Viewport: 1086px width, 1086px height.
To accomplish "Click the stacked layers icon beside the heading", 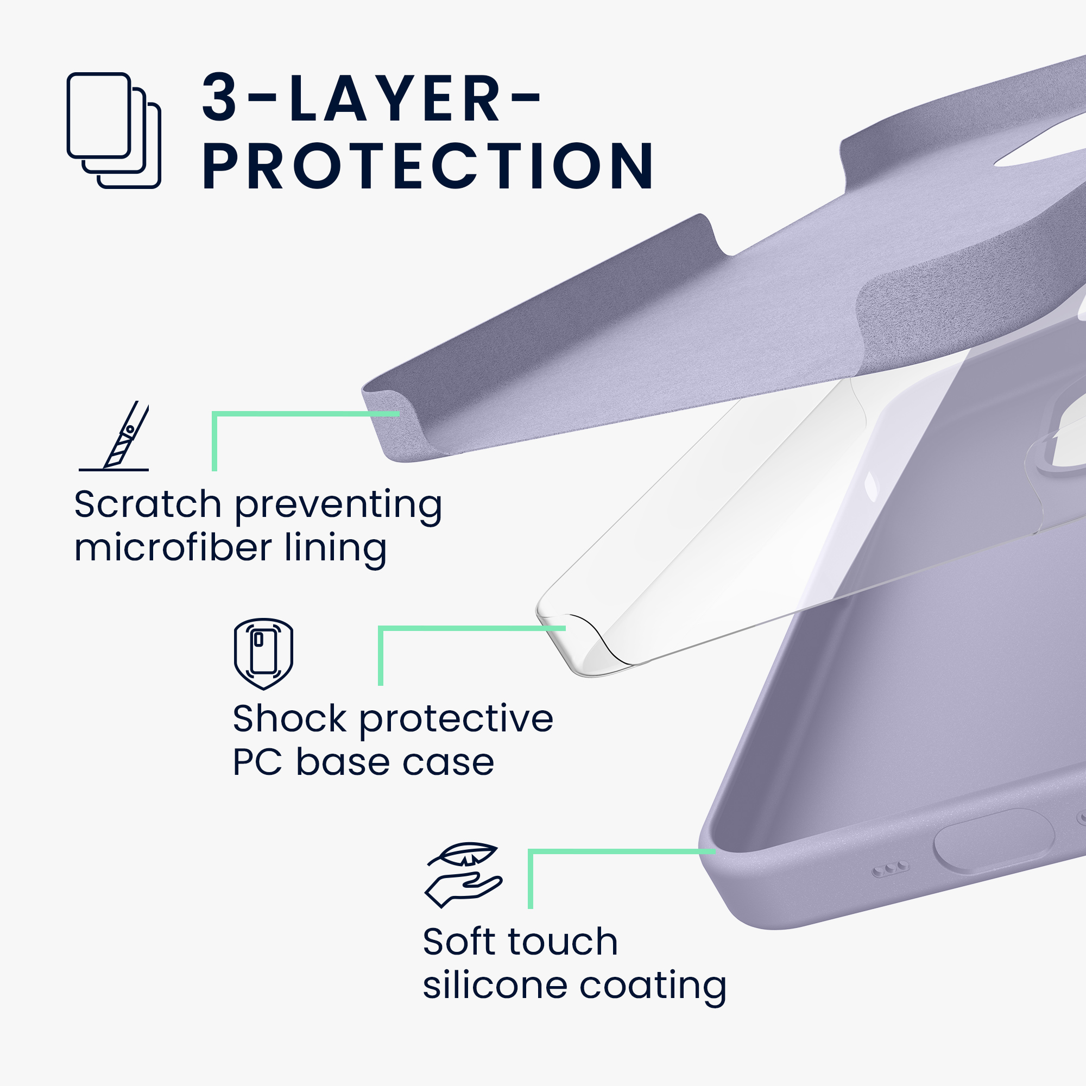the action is point(113,130).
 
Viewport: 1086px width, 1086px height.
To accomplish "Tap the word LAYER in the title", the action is point(394,98).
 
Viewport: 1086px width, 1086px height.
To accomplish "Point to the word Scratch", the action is point(148,504).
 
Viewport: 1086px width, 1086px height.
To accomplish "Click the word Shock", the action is point(289,719).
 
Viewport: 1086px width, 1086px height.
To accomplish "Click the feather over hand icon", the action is point(463,875).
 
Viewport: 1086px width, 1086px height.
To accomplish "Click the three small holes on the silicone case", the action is point(890,869).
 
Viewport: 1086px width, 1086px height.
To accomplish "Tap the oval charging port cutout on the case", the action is point(994,841).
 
